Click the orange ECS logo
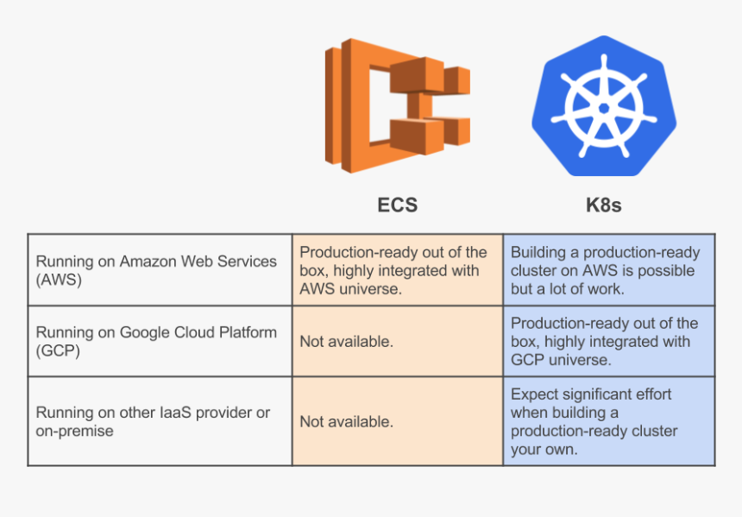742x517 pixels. point(397,105)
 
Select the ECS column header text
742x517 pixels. point(397,205)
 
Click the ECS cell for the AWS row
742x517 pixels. point(397,270)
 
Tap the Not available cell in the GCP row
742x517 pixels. point(346,342)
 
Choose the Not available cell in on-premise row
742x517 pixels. point(346,422)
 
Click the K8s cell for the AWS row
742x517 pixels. point(608,270)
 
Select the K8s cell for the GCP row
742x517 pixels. point(608,341)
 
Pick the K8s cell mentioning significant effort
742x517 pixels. point(608,421)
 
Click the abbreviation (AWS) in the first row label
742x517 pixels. point(59,280)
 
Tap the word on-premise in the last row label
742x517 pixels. point(74,431)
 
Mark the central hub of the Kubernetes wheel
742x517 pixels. point(603,109)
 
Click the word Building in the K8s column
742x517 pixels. point(538,252)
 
